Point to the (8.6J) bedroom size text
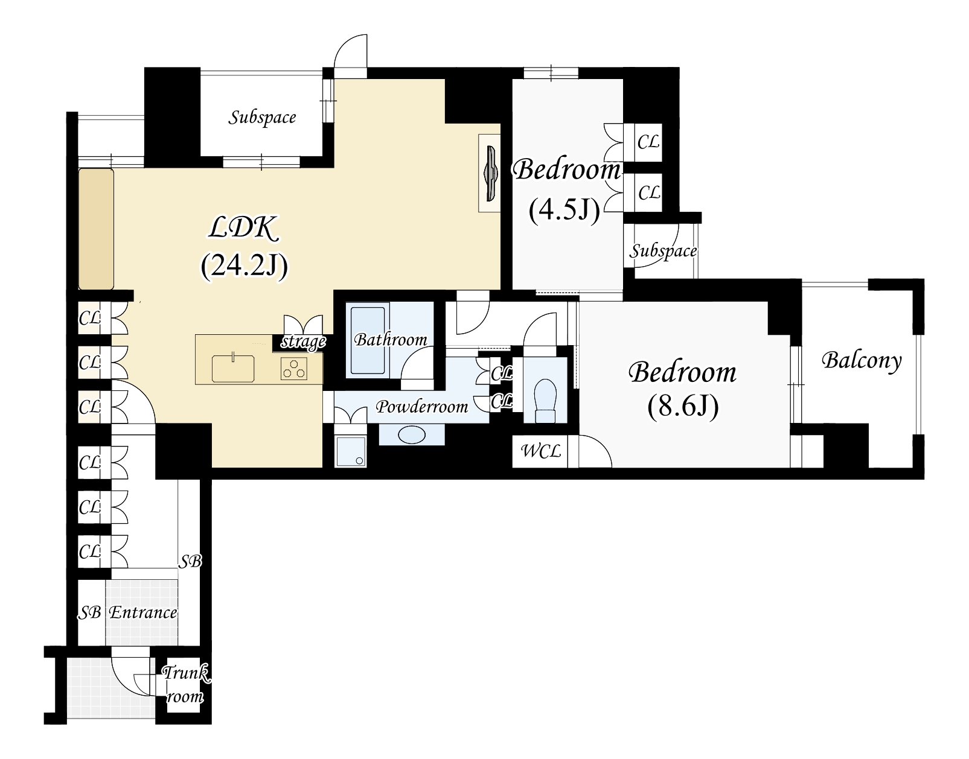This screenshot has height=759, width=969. pos(683,406)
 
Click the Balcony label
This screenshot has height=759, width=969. pos(862,360)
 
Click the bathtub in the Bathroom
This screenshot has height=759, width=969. pos(368,340)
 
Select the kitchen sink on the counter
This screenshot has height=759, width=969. pos(233,368)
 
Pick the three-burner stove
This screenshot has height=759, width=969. pos(294,369)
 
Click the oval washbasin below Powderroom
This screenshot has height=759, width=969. pos(412,435)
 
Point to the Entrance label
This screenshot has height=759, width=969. pos(143,613)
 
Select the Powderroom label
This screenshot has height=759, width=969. pos(422,407)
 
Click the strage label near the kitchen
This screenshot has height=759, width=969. pos(303,342)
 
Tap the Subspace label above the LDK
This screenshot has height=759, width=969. pos(262,118)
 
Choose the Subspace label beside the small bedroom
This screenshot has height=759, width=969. pos(663,252)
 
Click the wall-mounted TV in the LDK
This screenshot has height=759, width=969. pos(492,173)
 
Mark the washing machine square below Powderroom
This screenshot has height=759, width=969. pos(351,451)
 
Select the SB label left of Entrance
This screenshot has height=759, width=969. pos(89,613)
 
